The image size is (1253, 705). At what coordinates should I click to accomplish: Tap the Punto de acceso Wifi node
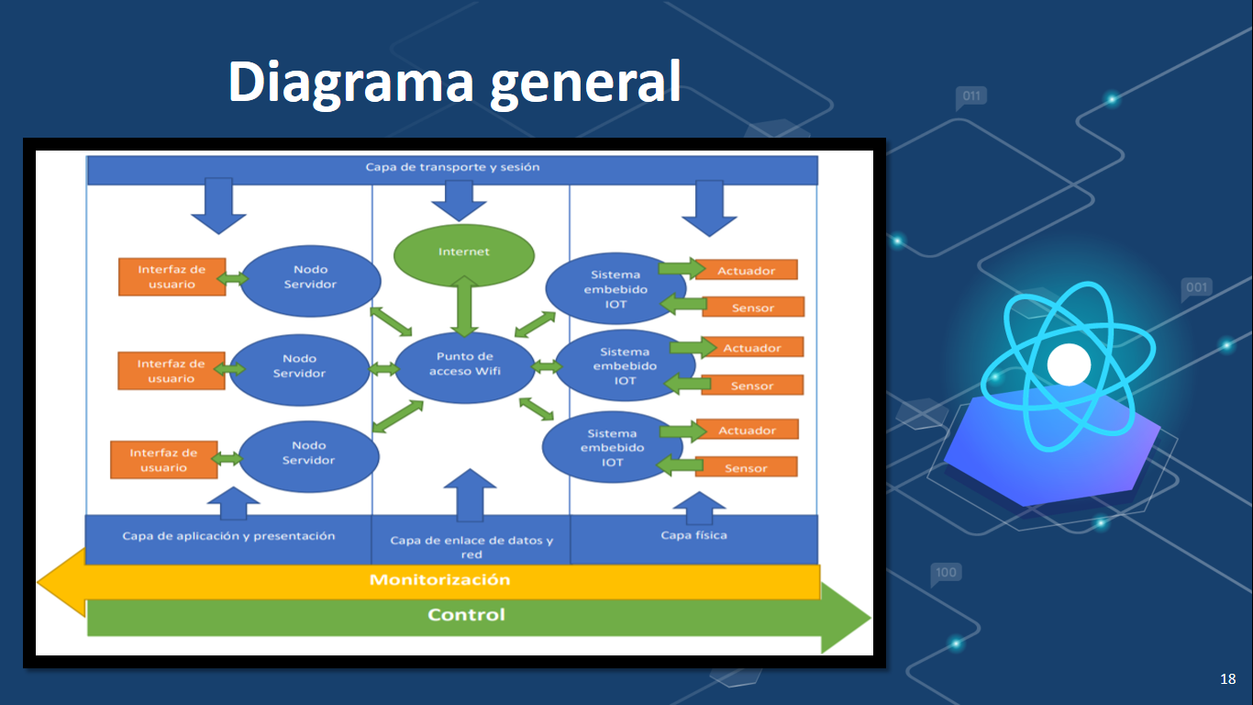464,364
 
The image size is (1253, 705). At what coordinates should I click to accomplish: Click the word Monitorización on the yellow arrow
439,580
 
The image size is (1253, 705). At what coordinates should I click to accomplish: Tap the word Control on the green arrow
466,615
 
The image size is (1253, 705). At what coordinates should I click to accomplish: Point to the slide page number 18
1227,679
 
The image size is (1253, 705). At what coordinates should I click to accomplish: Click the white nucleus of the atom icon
1069,364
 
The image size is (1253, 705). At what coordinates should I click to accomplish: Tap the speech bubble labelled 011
970,96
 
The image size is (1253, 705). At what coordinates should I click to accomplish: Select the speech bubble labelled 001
1196,288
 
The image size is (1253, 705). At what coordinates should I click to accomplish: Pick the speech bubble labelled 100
945,574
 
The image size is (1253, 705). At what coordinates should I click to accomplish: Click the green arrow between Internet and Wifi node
464,306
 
